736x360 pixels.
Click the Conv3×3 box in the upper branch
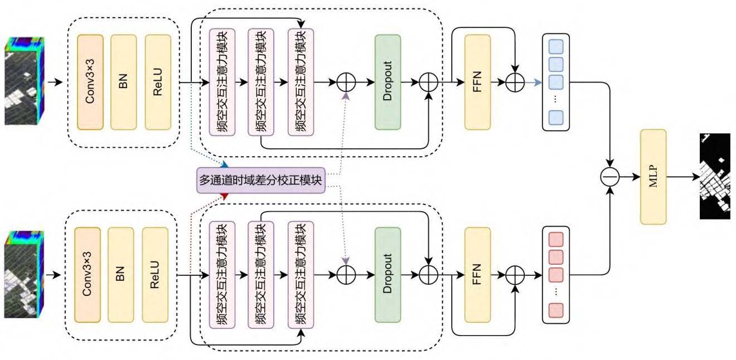tap(91, 82)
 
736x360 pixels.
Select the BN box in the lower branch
tap(121, 275)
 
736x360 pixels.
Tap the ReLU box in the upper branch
tap(158, 82)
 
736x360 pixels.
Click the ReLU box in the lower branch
tap(155, 275)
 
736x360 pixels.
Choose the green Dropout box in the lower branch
tap(388, 275)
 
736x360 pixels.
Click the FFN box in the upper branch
tap(477, 82)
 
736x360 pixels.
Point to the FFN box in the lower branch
tap(477, 275)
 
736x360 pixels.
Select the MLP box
tap(653, 177)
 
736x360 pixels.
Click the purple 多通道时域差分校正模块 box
tap(260, 180)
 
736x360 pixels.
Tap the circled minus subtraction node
tap(610, 177)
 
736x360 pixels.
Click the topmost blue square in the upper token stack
tap(556, 46)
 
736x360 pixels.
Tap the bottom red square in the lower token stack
tap(556, 310)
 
